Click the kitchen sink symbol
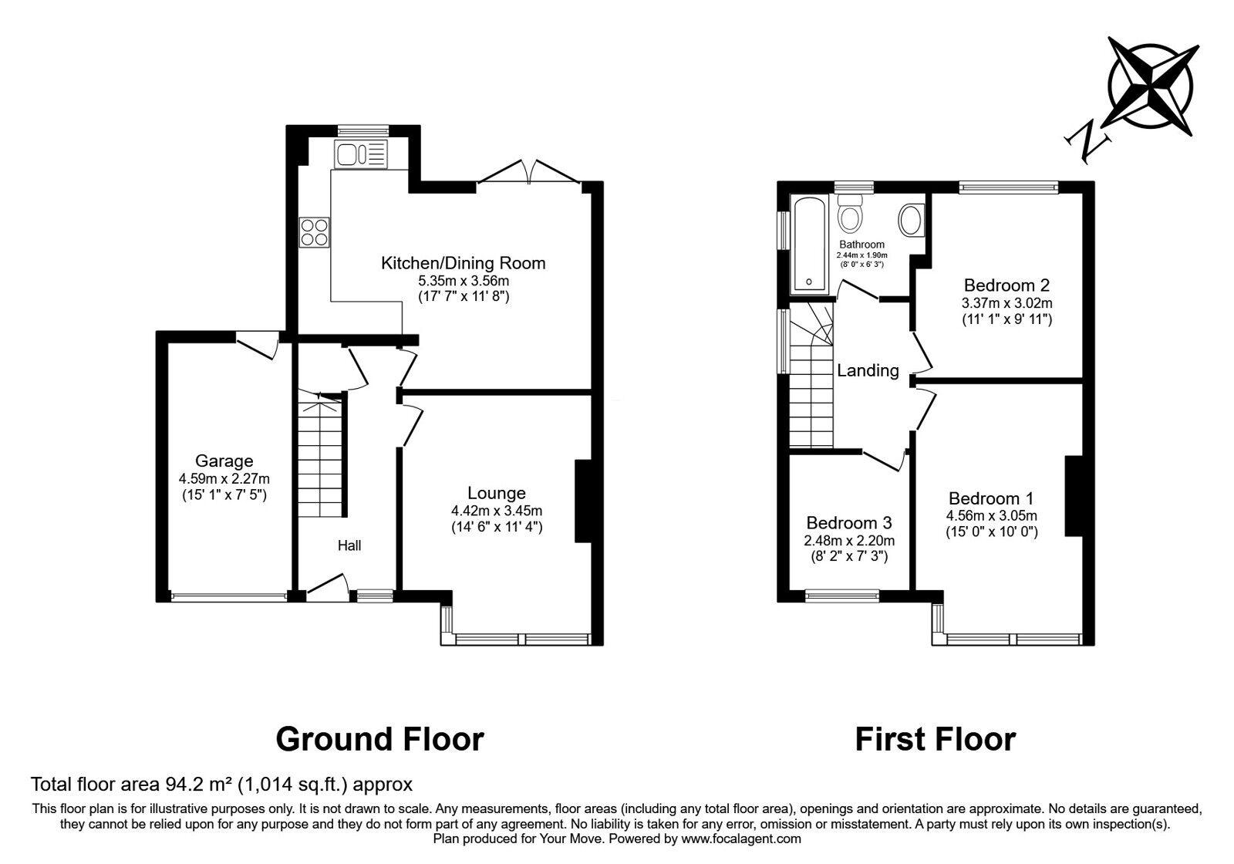pos(360,154)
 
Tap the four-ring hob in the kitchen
pos(315,232)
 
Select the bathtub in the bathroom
pos(810,245)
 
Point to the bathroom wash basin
pos(911,220)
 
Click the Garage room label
pos(224,461)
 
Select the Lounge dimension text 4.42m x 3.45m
pos(497,511)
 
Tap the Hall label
pos(349,545)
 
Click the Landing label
pos(868,371)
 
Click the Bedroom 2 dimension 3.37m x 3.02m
pos(1006,302)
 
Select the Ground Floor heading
pos(379,739)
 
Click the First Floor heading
pos(935,739)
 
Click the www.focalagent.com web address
pos(741,839)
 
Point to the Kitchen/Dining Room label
pos(463,263)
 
